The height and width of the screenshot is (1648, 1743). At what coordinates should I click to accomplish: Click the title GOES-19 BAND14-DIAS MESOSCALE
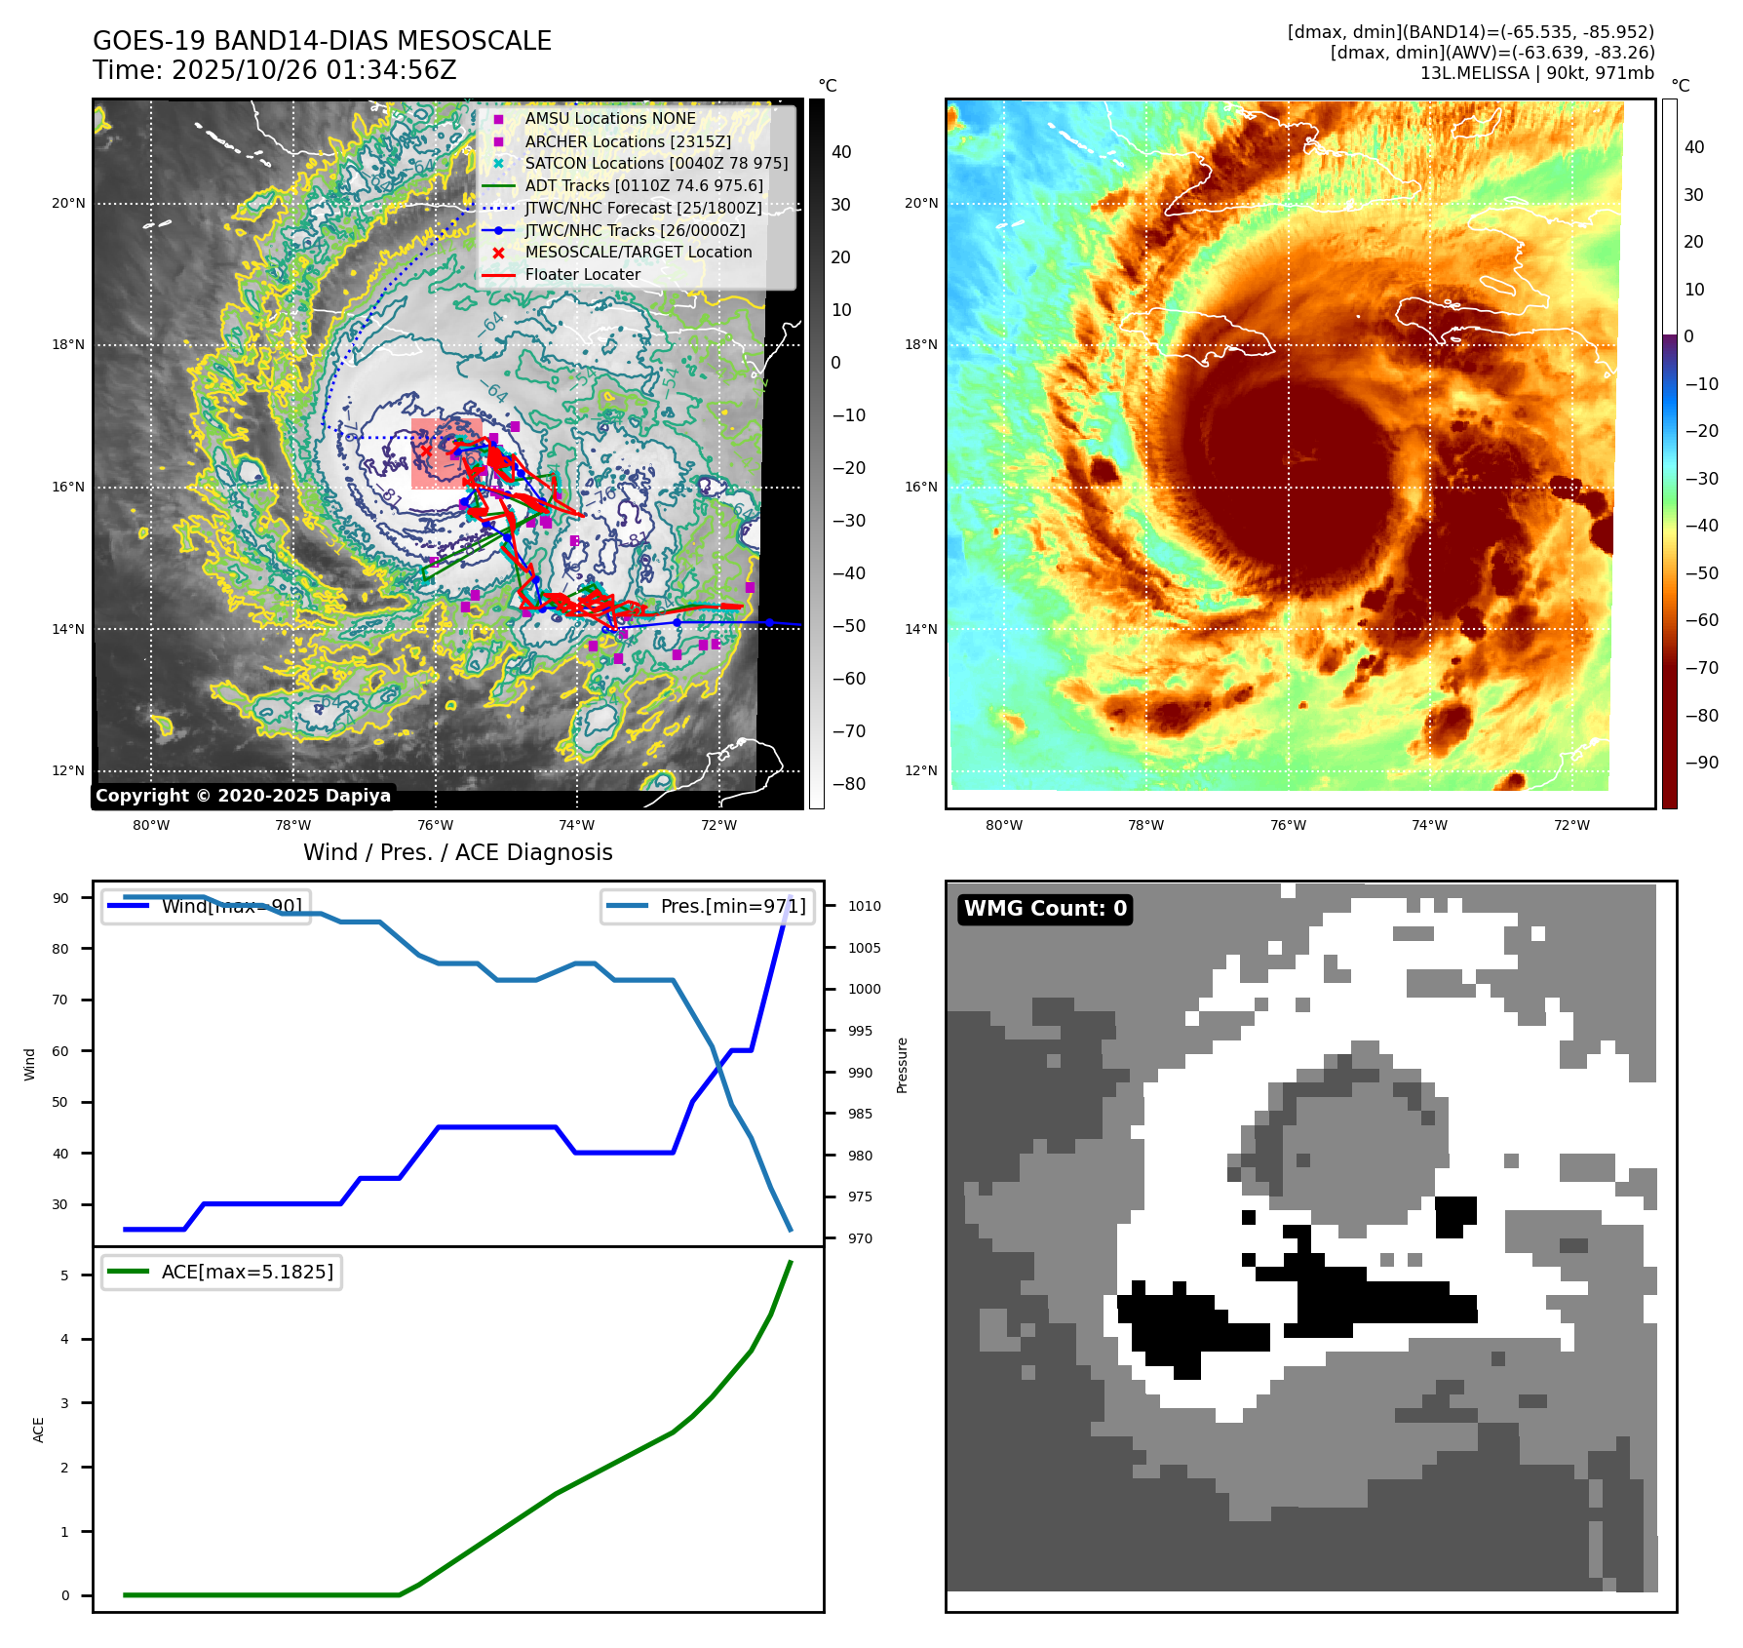pyautogui.click(x=322, y=41)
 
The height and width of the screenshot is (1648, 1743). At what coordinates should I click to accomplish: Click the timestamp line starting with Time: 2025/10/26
pyautogui.click(x=274, y=70)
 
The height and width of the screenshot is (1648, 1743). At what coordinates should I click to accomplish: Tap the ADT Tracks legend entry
pyautogui.click(x=643, y=185)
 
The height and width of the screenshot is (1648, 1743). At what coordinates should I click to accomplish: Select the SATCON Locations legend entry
pyautogui.click(x=656, y=163)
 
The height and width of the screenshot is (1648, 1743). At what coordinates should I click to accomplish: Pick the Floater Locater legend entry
pyautogui.click(x=582, y=274)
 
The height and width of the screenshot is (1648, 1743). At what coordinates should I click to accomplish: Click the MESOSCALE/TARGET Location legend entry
pyautogui.click(x=639, y=252)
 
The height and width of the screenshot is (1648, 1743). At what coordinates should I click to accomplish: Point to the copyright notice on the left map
pyautogui.click(x=243, y=796)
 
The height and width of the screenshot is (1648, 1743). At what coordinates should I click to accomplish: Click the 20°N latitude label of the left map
pyautogui.click(x=68, y=204)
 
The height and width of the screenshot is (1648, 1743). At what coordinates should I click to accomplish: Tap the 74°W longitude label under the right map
pyautogui.click(x=1429, y=825)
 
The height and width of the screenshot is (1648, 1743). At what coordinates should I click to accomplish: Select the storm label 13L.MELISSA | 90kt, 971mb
pyautogui.click(x=1536, y=73)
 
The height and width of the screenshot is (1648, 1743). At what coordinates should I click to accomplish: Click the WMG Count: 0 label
pyautogui.click(x=1045, y=909)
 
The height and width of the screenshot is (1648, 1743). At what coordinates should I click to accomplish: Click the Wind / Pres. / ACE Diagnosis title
pyautogui.click(x=457, y=852)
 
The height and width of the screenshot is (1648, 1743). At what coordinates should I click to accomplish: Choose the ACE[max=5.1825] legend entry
pyautogui.click(x=247, y=1272)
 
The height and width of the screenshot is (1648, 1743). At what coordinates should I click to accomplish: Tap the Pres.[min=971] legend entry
pyautogui.click(x=732, y=906)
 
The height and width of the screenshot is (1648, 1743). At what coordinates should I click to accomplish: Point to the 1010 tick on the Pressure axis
pyautogui.click(x=864, y=906)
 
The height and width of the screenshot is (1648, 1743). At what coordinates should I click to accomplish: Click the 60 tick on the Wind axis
pyautogui.click(x=60, y=1051)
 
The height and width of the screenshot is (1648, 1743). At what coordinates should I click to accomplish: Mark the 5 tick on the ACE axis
pyautogui.click(x=64, y=1275)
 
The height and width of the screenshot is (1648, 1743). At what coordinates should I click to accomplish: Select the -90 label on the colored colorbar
pyautogui.click(x=1701, y=763)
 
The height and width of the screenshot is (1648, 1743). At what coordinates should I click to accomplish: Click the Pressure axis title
pyautogui.click(x=902, y=1065)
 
